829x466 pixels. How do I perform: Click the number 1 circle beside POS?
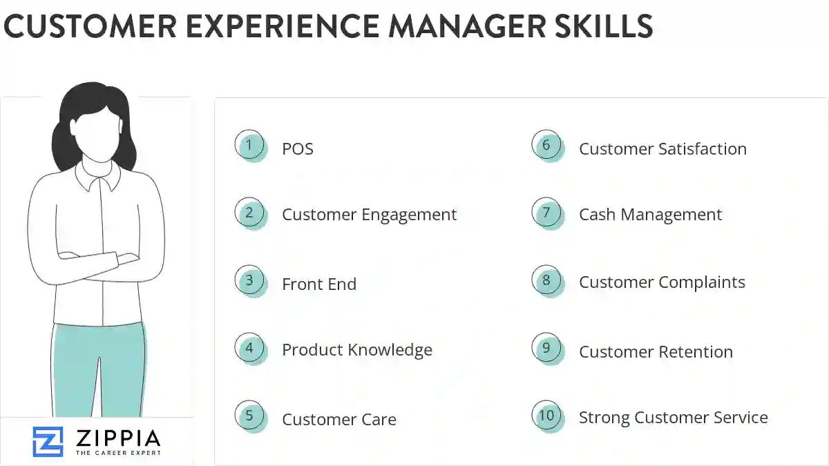coord(249,146)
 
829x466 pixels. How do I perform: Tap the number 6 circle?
coord(546,146)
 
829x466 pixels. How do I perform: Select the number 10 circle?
coord(546,416)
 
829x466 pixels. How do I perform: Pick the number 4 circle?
coord(249,348)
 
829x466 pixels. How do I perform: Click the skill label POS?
coord(298,149)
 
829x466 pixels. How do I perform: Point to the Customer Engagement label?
coord(369,215)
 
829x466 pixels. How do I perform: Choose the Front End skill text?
coord(319,284)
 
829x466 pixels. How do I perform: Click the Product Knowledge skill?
coord(356,350)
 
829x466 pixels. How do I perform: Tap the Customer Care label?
coord(339,419)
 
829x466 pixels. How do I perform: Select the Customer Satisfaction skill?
coord(663,149)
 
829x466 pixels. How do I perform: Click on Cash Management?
coord(650,215)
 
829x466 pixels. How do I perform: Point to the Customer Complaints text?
coord(662,282)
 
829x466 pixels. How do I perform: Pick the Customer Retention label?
coord(656,351)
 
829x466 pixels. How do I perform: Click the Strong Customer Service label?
coord(673,418)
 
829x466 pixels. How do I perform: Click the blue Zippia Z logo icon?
coord(48,442)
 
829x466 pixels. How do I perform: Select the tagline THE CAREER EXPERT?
coord(117,453)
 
